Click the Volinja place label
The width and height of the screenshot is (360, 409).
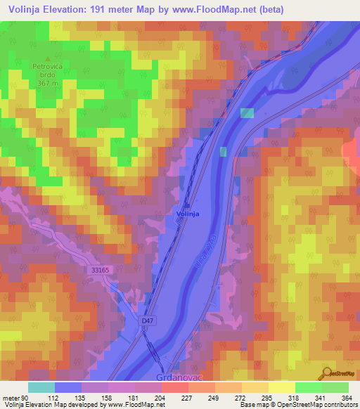coord(187,213)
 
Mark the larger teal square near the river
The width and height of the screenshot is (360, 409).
coord(247,113)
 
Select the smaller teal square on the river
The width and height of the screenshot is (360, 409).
coord(223,152)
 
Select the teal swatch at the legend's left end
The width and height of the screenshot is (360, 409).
coord(41,387)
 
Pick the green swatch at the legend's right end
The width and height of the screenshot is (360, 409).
coord(335,387)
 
